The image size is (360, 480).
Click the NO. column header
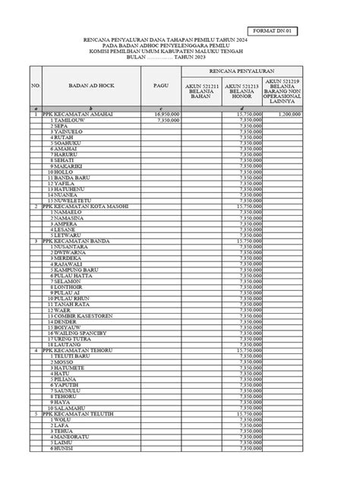pos(35,86)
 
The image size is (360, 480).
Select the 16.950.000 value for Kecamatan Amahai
pos(166,114)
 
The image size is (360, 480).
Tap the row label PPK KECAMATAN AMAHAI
pos(81,114)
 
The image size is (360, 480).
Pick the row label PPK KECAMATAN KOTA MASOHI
pos(86,206)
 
